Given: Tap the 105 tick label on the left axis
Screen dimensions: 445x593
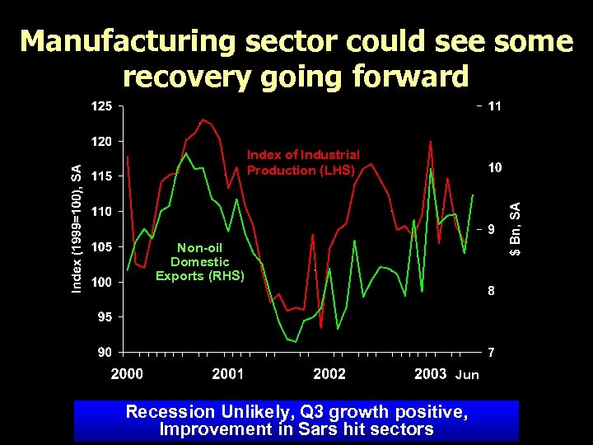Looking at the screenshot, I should (x=101, y=247).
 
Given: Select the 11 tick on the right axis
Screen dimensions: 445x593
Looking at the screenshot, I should (x=495, y=106).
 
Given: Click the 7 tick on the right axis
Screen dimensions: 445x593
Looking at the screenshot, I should (x=492, y=353).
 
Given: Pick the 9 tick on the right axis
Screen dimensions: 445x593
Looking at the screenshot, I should (x=491, y=229).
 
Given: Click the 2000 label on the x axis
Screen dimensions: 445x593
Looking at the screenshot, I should (x=127, y=374).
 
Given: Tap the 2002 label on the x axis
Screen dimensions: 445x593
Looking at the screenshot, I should (x=329, y=374).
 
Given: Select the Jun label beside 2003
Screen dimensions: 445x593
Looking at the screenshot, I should (x=467, y=375).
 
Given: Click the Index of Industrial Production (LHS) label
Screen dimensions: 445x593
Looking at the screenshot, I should (x=303, y=162).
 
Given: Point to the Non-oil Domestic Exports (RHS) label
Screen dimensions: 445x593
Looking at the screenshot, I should (x=200, y=261).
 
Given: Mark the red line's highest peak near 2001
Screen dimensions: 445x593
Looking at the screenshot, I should (x=203, y=119).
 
